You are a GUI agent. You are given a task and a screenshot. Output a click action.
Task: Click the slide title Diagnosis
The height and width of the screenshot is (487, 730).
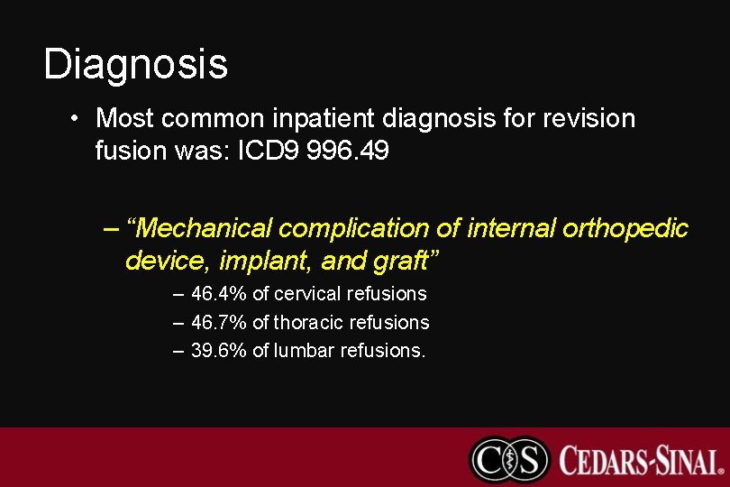tap(135, 65)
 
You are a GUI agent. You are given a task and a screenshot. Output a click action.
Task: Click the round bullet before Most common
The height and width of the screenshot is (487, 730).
tap(79, 119)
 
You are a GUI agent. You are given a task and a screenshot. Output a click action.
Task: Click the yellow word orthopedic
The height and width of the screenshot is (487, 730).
tap(625, 229)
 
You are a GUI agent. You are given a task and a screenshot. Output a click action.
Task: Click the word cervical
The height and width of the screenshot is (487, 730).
tap(307, 294)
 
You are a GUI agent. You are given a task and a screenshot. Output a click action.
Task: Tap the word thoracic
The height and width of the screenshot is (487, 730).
tap(308, 322)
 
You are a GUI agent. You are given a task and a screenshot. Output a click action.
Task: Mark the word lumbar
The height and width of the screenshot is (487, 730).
tap(304, 350)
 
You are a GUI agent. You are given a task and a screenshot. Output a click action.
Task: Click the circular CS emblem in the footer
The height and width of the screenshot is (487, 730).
tap(509, 458)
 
